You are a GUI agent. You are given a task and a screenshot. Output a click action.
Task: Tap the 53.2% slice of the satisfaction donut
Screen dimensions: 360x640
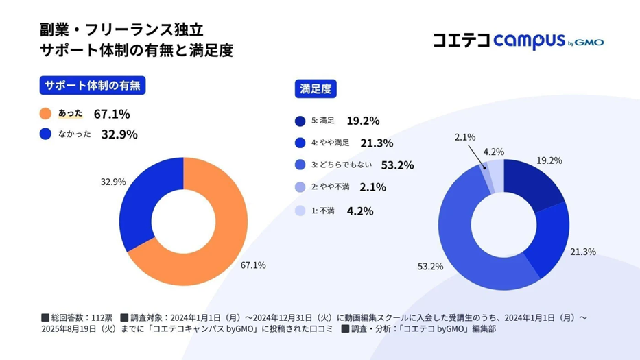click(466, 240)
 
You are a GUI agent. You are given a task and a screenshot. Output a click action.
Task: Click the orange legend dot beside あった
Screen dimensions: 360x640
click(46, 114)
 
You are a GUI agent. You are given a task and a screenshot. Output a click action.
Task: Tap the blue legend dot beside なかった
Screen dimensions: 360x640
click(46, 134)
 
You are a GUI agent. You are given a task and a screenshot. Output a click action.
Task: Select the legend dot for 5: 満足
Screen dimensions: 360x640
click(300, 121)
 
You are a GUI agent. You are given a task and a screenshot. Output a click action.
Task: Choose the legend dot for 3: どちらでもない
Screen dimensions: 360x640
click(300, 165)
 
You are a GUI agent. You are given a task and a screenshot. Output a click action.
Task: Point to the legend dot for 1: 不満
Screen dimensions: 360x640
click(300, 211)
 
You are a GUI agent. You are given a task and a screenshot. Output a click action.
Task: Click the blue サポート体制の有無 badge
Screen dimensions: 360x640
click(93, 86)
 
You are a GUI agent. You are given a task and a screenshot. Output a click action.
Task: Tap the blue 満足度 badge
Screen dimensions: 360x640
click(316, 89)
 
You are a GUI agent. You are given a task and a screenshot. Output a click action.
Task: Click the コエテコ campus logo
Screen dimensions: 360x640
click(518, 41)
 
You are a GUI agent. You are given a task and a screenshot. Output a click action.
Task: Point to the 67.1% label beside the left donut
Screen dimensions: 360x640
click(253, 265)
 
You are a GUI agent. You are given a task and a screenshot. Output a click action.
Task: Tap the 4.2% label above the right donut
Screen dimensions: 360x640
click(494, 152)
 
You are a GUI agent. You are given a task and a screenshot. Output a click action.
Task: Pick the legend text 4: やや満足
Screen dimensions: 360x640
click(330, 143)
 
